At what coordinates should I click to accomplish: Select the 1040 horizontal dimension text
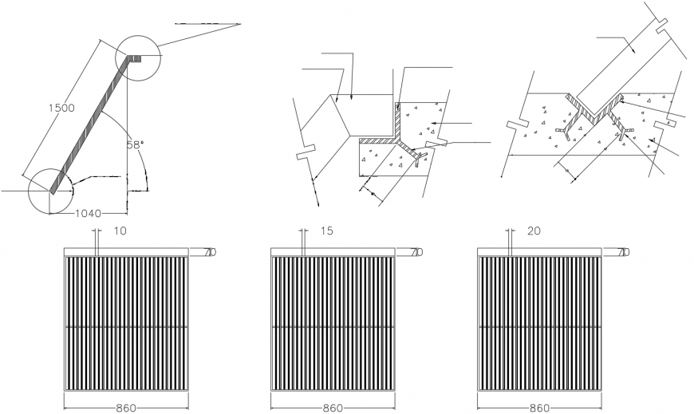pyautogui.click(x=87, y=214)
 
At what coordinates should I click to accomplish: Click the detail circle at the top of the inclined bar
pyautogui.click(x=138, y=57)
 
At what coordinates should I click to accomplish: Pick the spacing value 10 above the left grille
pyautogui.click(x=120, y=231)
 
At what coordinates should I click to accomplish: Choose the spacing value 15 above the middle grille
pyautogui.click(x=326, y=231)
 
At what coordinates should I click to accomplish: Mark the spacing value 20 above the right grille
pyautogui.click(x=534, y=231)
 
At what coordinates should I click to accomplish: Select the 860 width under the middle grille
pyautogui.click(x=333, y=408)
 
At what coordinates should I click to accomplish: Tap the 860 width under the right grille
pyautogui.click(x=539, y=408)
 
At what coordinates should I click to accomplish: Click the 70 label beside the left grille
pyautogui.click(x=210, y=252)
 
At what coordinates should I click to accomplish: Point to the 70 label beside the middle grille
pyautogui.click(x=416, y=252)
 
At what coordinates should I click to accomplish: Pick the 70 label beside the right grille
pyautogui.click(x=623, y=252)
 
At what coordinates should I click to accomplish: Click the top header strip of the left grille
pyautogui.click(x=126, y=252)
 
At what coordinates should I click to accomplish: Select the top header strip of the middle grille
pyautogui.click(x=333, y=252)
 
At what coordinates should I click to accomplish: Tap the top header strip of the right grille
pyautogui.click(x=539, y=252)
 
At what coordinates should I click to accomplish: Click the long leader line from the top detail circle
pyautogui.click(x=199, y=35)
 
